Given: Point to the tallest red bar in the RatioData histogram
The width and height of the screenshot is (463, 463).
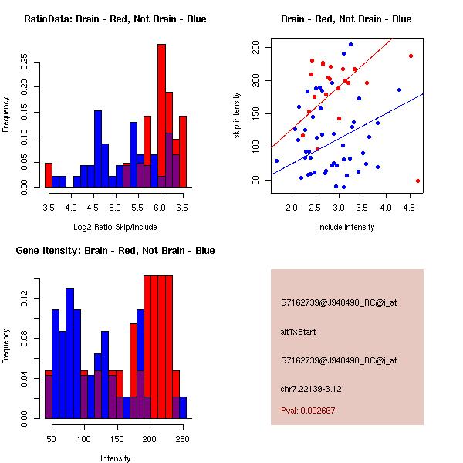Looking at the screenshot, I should click(x=161, y=116).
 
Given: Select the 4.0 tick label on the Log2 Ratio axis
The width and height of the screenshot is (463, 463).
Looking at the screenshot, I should click(x=70, y=208).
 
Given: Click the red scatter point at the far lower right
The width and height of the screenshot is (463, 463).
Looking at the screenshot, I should click(x=417, y=181).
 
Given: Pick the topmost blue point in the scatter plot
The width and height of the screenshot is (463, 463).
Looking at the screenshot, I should click(x=350, y=45).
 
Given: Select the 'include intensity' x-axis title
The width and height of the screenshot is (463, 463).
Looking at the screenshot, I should click(x=346, y=227).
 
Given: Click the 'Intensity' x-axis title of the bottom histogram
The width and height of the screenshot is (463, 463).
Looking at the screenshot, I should click(x=115, y=458).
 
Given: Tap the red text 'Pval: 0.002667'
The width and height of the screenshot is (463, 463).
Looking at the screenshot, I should click(x=308, y=411).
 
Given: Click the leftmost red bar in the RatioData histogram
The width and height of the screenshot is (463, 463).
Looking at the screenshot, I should click(x=49, y=175).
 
